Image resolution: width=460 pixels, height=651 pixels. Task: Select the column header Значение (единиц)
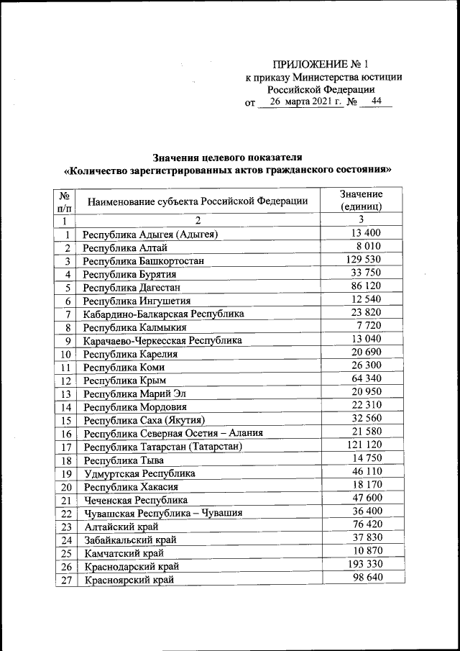[x=362, y=200]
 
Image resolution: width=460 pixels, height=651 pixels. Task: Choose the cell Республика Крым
[x=119, y=381]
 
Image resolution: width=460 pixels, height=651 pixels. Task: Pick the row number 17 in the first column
[x=65, y=447]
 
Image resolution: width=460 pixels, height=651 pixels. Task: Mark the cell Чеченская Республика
[x=136, y=500]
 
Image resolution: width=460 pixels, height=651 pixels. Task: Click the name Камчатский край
[x=124, y=553]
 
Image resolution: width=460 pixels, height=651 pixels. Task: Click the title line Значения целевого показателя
[x=228, y=157]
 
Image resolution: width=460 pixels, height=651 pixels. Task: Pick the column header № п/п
[x=65, y=201]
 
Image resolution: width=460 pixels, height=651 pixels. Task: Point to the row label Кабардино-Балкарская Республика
[x=163, y=314]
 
